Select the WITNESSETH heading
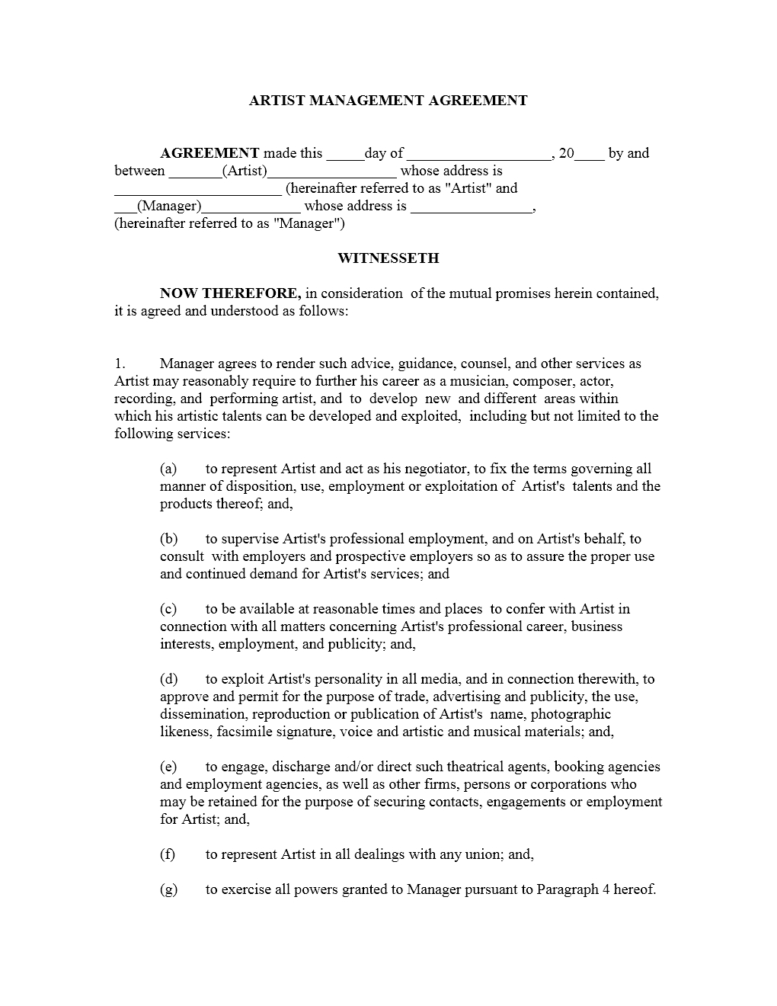click(x=388, y=258)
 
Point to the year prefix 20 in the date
click(x=567, y=153)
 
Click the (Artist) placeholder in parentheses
click(x=245, y=171)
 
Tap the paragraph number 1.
click(x=120, y=364)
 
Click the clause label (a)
click(x=168, y=469)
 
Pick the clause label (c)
click(x=168, y=609)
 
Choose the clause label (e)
click(x=168, y=767)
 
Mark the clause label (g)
click(x=168, y=889)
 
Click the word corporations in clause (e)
click(x=571, y=784)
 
